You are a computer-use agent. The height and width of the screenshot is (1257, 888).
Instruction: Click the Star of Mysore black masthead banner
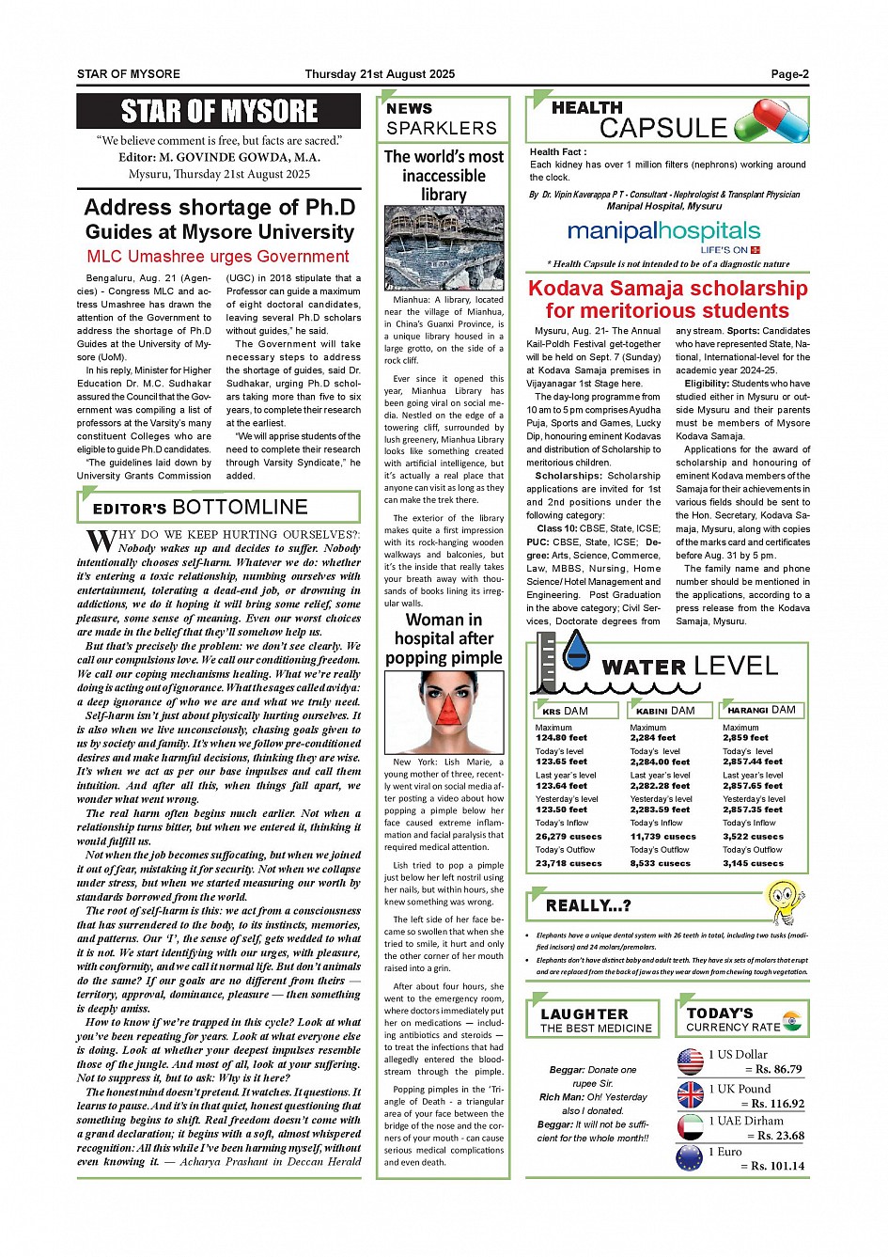click(219, 112)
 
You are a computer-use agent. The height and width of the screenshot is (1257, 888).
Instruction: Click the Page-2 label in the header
click(789, 74)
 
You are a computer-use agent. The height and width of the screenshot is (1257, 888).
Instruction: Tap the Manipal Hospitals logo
click(664, 235)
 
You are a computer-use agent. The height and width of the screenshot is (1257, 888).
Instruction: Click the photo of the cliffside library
click(444, 248)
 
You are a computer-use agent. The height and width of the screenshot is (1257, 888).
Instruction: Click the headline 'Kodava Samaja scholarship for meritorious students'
click(667, 300)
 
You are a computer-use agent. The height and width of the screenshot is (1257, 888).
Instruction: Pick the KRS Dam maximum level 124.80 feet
click(561, 738)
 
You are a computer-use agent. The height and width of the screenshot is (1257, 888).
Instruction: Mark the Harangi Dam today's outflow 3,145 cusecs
click(753, 863)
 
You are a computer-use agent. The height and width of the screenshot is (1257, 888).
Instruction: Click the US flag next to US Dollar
click(690, 1061)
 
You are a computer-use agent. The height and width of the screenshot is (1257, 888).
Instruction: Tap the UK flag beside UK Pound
click(690, 1094)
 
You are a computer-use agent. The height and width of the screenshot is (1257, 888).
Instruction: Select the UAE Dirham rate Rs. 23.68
click(775, 1136)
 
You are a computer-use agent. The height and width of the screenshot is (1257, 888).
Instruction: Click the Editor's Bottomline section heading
click(200, 509)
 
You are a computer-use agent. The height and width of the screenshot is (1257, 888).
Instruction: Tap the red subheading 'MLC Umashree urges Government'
click(218, 257)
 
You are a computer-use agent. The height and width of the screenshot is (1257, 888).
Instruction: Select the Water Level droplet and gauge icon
click(563, 662)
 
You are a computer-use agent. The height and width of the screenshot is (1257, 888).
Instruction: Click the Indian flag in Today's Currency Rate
click(791, 1020)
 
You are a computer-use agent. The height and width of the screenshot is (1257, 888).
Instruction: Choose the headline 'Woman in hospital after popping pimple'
click(444, 639)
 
